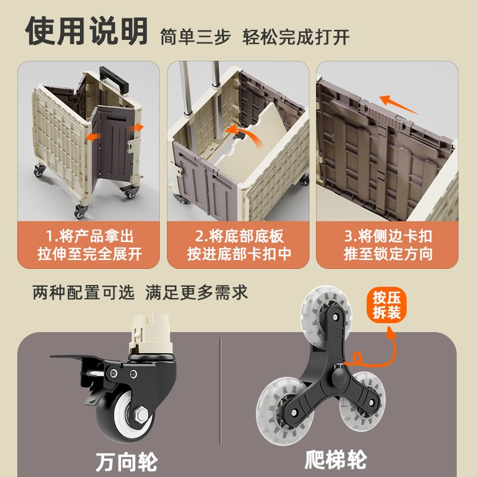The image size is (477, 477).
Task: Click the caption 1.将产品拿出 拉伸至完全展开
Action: coord(89,244)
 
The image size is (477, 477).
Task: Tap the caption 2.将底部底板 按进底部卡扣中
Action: coord(238,244)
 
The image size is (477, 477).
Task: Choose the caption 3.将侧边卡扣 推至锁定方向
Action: coord(388,244)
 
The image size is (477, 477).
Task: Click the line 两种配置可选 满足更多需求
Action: coord(140,293)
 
